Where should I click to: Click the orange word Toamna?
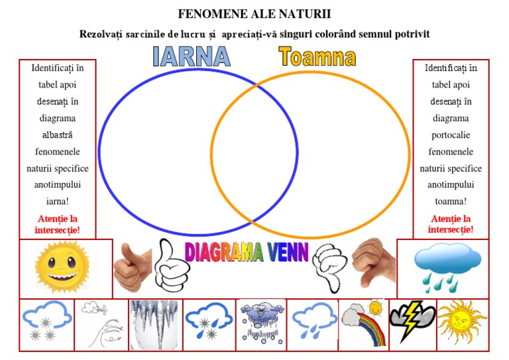pos(317,57)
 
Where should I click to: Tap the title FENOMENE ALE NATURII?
pos(254,13)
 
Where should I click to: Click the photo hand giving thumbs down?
pos(373,263)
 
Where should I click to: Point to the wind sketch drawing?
pos(100,325)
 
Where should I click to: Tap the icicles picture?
pos(154,325)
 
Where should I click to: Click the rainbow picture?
pos(363,325)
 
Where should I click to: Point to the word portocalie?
pos(450,135)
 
